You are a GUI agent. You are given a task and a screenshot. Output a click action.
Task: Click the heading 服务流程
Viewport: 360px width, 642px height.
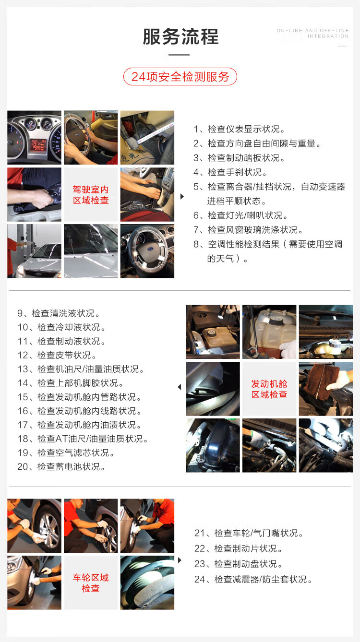click(180, 36)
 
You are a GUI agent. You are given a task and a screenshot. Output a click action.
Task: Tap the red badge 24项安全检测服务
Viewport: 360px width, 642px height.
click(180, 76)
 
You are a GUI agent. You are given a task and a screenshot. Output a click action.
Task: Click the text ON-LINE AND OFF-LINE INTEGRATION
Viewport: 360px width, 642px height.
click(312, 33)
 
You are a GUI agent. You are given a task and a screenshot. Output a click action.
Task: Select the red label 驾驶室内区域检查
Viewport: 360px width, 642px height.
click(91, 195)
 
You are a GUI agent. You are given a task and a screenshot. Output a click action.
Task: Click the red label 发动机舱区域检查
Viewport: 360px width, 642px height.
click(269, 389)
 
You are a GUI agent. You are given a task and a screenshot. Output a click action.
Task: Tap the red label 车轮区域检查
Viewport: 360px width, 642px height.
click(91, 583)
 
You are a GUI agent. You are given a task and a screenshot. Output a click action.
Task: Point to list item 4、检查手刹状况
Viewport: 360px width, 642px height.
click(230, 172)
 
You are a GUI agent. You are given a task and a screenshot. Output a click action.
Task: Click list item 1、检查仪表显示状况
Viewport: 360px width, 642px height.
click(240, 129)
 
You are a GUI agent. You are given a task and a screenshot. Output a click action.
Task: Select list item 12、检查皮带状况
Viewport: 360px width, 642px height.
click(57, 355)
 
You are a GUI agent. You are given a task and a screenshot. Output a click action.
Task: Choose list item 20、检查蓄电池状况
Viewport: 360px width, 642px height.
click(61, 466)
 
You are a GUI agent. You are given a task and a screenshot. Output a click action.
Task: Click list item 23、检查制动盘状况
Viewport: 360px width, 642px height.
click(239, 564)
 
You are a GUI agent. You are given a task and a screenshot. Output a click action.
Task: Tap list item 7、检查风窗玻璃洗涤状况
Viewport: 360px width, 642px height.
click(248, 229)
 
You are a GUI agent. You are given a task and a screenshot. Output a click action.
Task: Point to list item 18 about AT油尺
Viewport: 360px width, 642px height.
click(83, 439)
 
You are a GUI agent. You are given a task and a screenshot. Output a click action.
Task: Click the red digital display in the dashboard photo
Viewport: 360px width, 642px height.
click(38, 145)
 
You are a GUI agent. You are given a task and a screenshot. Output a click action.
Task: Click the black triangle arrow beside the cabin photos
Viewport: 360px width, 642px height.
click(182, 196)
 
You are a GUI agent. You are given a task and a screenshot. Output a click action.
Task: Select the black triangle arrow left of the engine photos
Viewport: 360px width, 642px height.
click(180, 387)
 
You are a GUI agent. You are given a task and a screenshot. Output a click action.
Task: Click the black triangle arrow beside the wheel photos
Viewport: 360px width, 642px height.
click(180, 560)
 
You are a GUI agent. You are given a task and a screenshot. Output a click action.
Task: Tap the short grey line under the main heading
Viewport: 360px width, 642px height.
click(179, 54)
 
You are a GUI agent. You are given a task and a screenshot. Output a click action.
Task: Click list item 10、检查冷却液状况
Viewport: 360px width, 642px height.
click(61, 327)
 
